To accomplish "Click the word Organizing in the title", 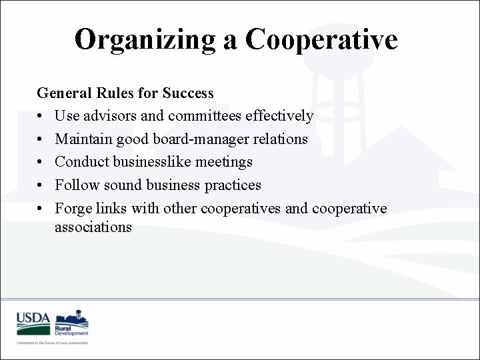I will (x=144, y=39).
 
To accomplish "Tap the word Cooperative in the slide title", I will (x=321, y=39).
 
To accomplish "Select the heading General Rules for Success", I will (x=125, y=93).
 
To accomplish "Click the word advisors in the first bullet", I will (x=110, y=116).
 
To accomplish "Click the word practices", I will (x=230, y=185).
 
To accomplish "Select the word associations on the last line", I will (x=93, y=227).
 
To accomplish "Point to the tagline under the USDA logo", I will (x=53, y=342).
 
